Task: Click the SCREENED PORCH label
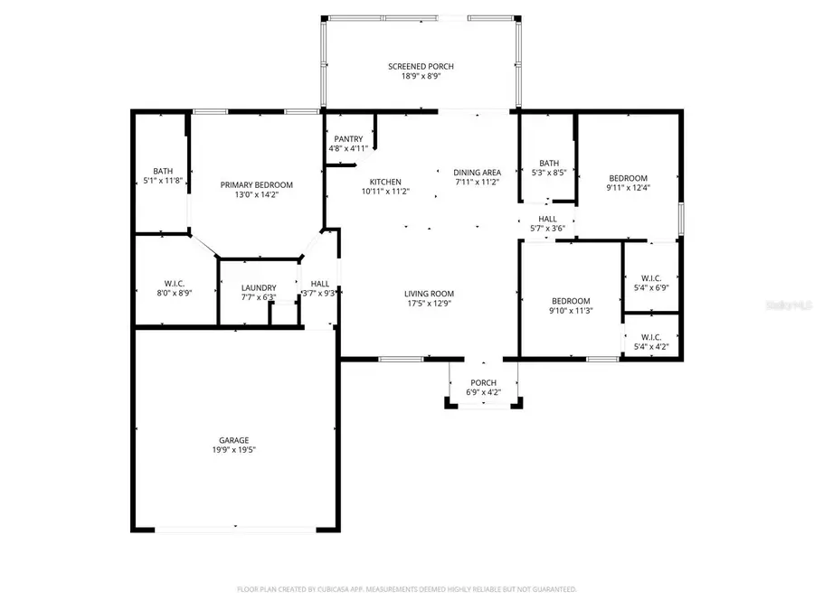click(x=421, y=67)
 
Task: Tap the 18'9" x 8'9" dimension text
click(x=421, y=78)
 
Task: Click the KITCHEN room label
click(x=381, y=182)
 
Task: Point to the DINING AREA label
click(x=477, y=172)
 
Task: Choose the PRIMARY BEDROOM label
click(x=257, y=184)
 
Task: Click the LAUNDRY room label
click(x=259, y=287)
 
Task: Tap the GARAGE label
click(x=232, y=440)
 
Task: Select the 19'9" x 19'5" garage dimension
click(x=232, y=450)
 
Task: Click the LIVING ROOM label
click(x=429, y=294)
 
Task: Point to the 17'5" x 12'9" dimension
click(x=429, y=304)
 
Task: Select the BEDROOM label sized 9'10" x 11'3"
click(x=571, y=301)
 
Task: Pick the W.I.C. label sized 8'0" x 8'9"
click(x=175, y=284)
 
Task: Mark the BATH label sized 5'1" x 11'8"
click(x=163, y=171)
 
